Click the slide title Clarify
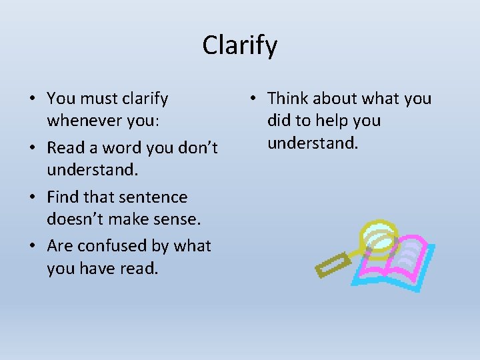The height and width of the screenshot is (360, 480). pyautogui.click(x=239, y=45)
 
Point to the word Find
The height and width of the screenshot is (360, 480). pyautogui.click(x=63, y=197)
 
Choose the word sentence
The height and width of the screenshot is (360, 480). pyautogui.click(x=155, y=197)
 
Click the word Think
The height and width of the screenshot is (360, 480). pyautogui.click(x=287, y=99)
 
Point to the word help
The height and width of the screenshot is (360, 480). pyautogui.click(x=333, y=121)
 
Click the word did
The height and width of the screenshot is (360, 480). pyautogui.click(x=279, y=121)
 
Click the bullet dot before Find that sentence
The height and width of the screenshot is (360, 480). pyautogui.click(x=33, y=198)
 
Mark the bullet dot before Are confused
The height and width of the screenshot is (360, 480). pyautogui.click(x=33, y=247)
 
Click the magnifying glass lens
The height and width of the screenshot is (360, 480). pyautogui.click(x=377, y=237)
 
